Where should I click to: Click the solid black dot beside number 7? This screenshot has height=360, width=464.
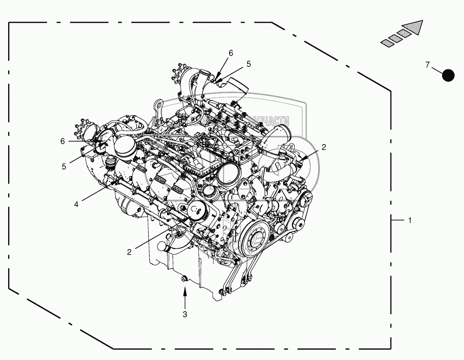pos(448,75)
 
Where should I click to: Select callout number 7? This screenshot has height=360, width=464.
pos(427,65)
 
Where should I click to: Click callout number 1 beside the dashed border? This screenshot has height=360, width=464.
pos(410,220)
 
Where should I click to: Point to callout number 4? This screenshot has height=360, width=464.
pos(76,204)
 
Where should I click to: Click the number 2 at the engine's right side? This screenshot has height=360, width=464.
pos(324,147)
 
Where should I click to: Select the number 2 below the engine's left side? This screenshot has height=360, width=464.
pos(129,252)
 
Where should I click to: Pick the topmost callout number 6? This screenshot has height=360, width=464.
pos(231,53)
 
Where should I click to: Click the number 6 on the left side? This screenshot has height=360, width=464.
pos(62,141)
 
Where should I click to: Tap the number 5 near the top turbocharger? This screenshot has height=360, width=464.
pos(248,64)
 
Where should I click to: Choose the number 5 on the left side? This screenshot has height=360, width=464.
pos(64,167)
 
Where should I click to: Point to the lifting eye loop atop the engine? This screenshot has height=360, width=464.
pos(158,104)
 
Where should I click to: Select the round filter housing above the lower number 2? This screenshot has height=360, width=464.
pos(197,211)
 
